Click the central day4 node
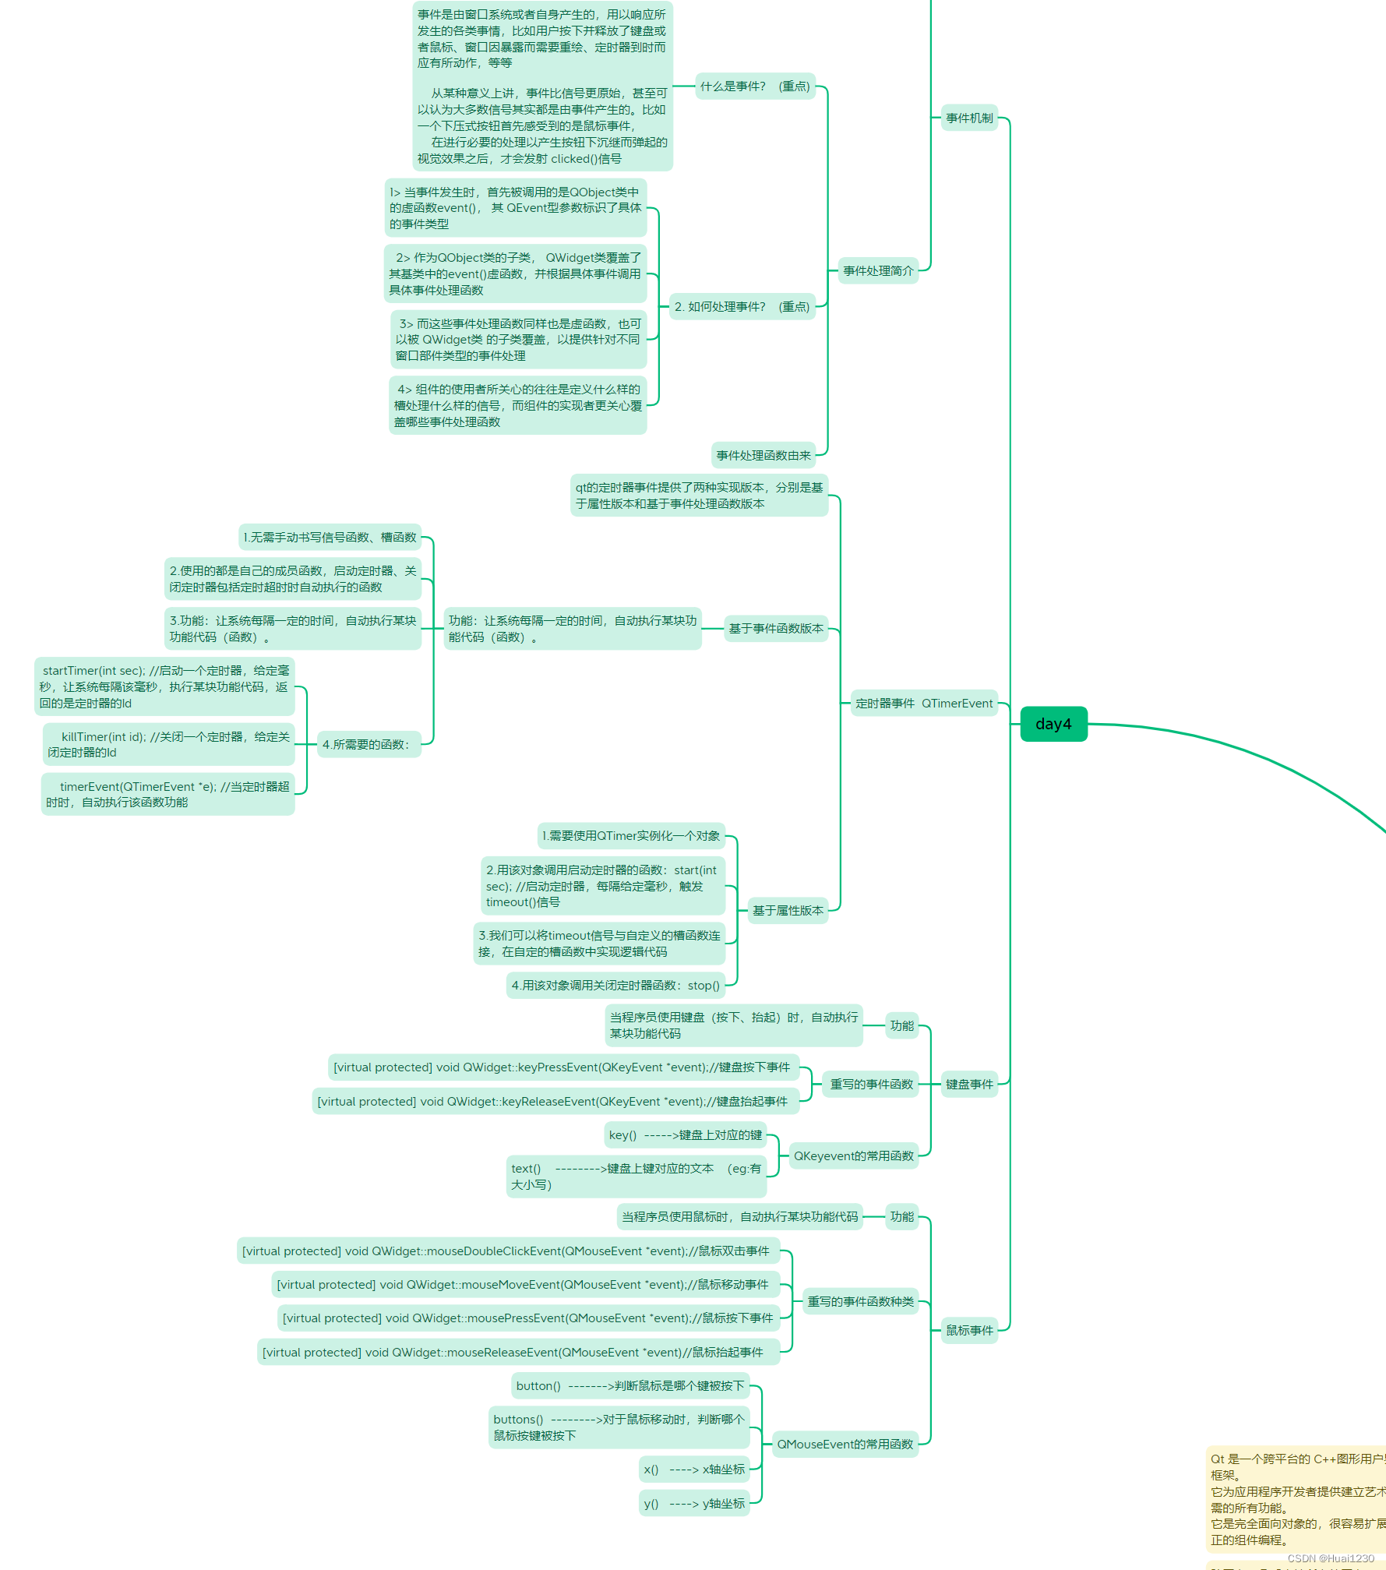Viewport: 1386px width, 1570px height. [1053, 724]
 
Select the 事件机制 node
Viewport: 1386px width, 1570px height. [969, 118]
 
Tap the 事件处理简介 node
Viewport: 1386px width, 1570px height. [878, 271]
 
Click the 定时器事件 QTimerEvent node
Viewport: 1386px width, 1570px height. [924, 704]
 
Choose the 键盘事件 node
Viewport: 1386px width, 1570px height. [969, 1085]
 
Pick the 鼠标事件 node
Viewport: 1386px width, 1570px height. [969, 1331]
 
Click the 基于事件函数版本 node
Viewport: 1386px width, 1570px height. [776, 629]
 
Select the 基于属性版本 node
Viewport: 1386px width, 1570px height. [788, 911]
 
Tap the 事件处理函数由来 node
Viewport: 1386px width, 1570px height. [764, 456]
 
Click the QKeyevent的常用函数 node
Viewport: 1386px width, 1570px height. [853, 1156]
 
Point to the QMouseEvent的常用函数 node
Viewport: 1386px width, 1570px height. [845, 1445]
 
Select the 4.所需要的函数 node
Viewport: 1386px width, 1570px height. [366, 745]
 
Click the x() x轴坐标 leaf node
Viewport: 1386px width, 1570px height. [693, 1469]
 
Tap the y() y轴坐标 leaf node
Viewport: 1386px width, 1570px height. [693, 1504]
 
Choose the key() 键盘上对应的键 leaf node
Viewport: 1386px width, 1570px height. [685, 1135]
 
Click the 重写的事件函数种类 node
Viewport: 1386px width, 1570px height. [860, 1302]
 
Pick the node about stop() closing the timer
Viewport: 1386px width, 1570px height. [615, 986]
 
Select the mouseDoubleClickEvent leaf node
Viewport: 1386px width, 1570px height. [506, 1251]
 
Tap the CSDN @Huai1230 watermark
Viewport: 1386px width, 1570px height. [1330, 1558]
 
